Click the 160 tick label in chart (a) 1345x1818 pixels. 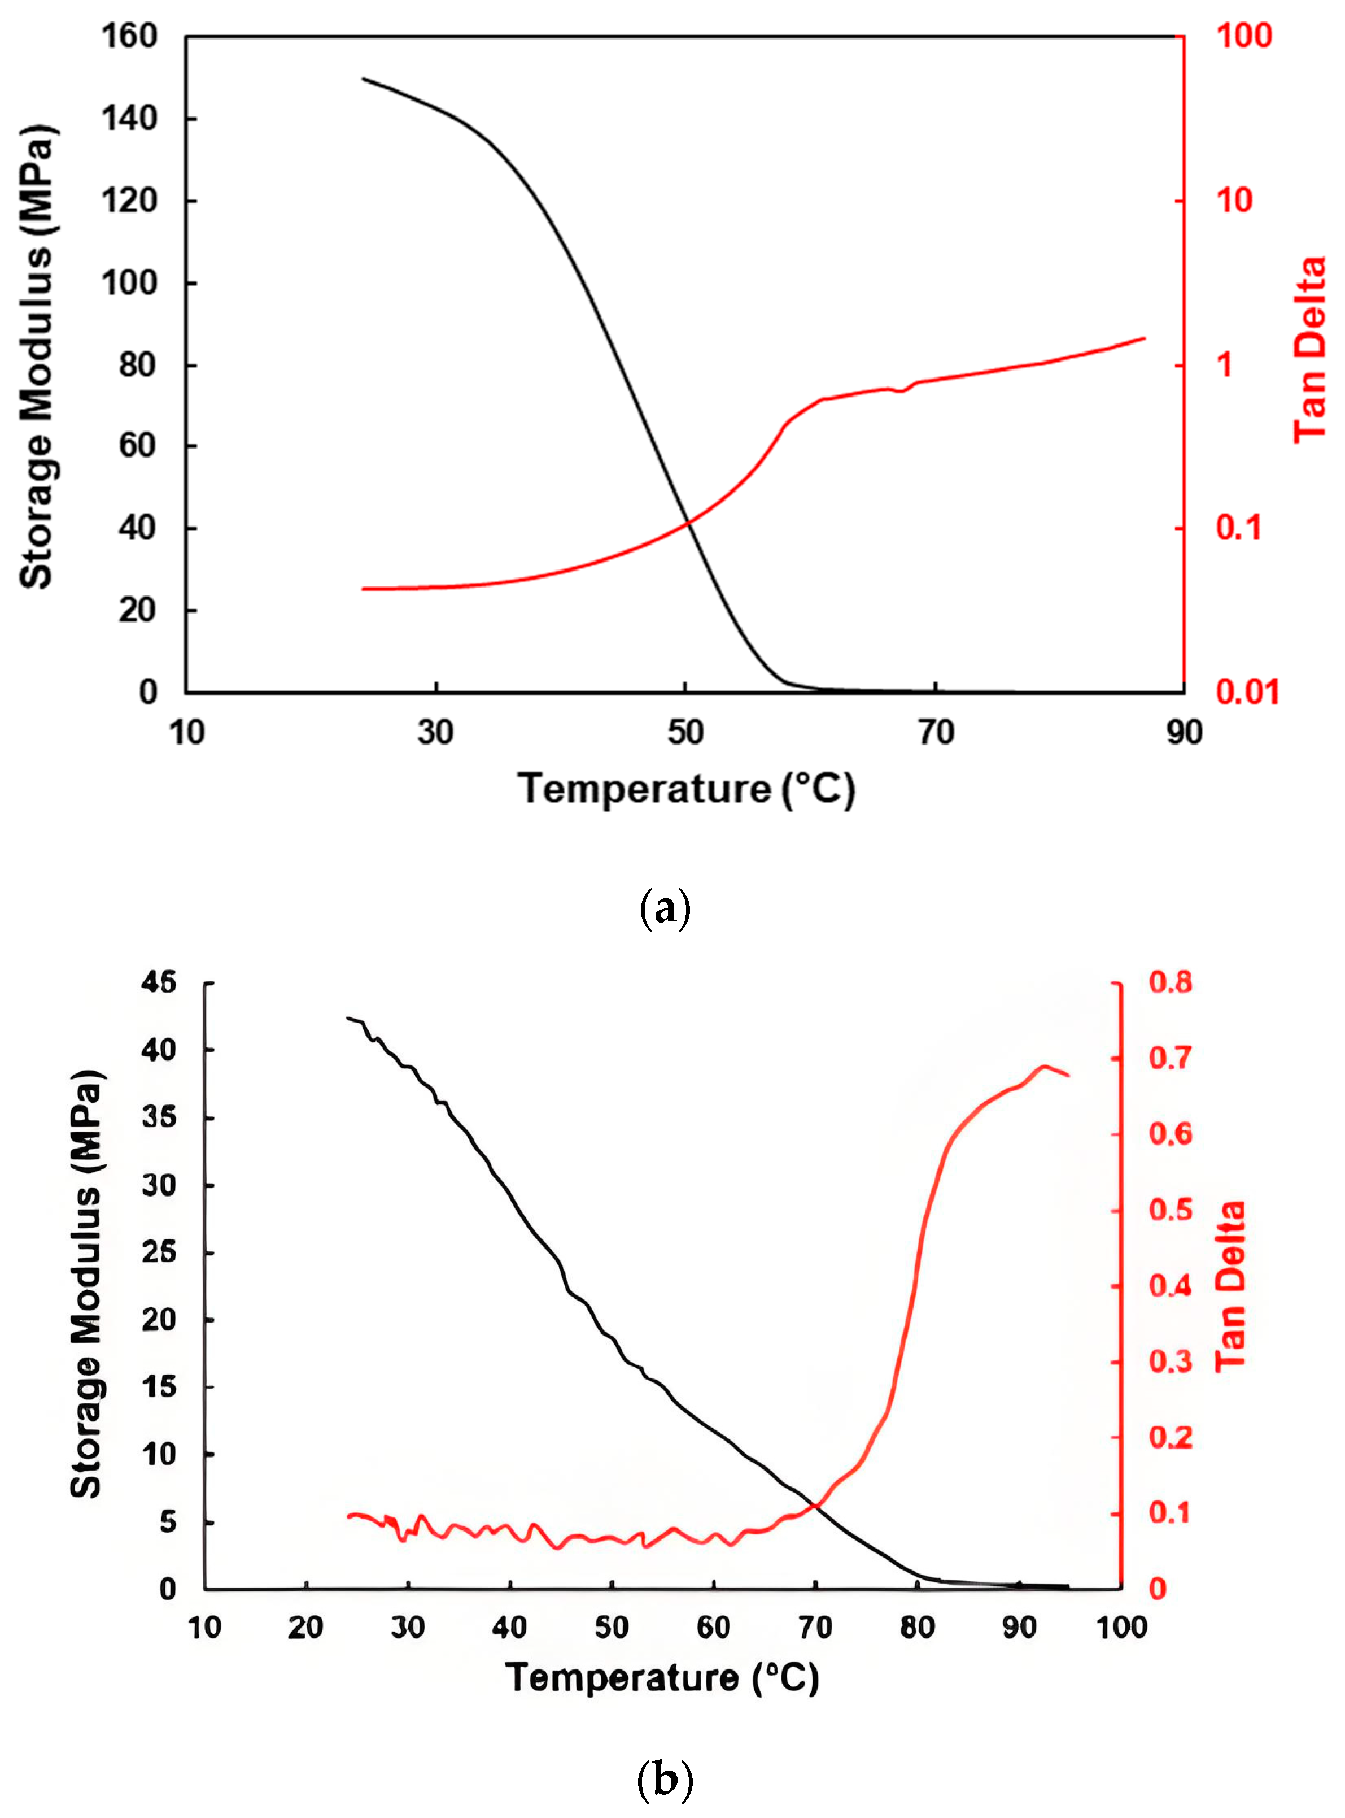coord(129,37)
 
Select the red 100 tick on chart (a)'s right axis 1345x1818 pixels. coord(1243,37)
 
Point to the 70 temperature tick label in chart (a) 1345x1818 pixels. coord(936,733)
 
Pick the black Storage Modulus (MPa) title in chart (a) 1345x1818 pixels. coord(37,356)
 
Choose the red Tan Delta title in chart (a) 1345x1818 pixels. coord(1310,350)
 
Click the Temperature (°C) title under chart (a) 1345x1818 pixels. coord(687,789)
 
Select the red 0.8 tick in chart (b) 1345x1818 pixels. coord(1170,983)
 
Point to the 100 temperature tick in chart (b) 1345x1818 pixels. coord(1121,1628)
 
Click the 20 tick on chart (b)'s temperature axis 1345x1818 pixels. coord(306,1628)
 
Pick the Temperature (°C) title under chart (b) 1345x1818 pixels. coord(662,1678)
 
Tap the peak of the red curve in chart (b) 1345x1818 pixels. coord(1045,1066)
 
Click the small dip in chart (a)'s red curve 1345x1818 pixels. coord(901,391)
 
